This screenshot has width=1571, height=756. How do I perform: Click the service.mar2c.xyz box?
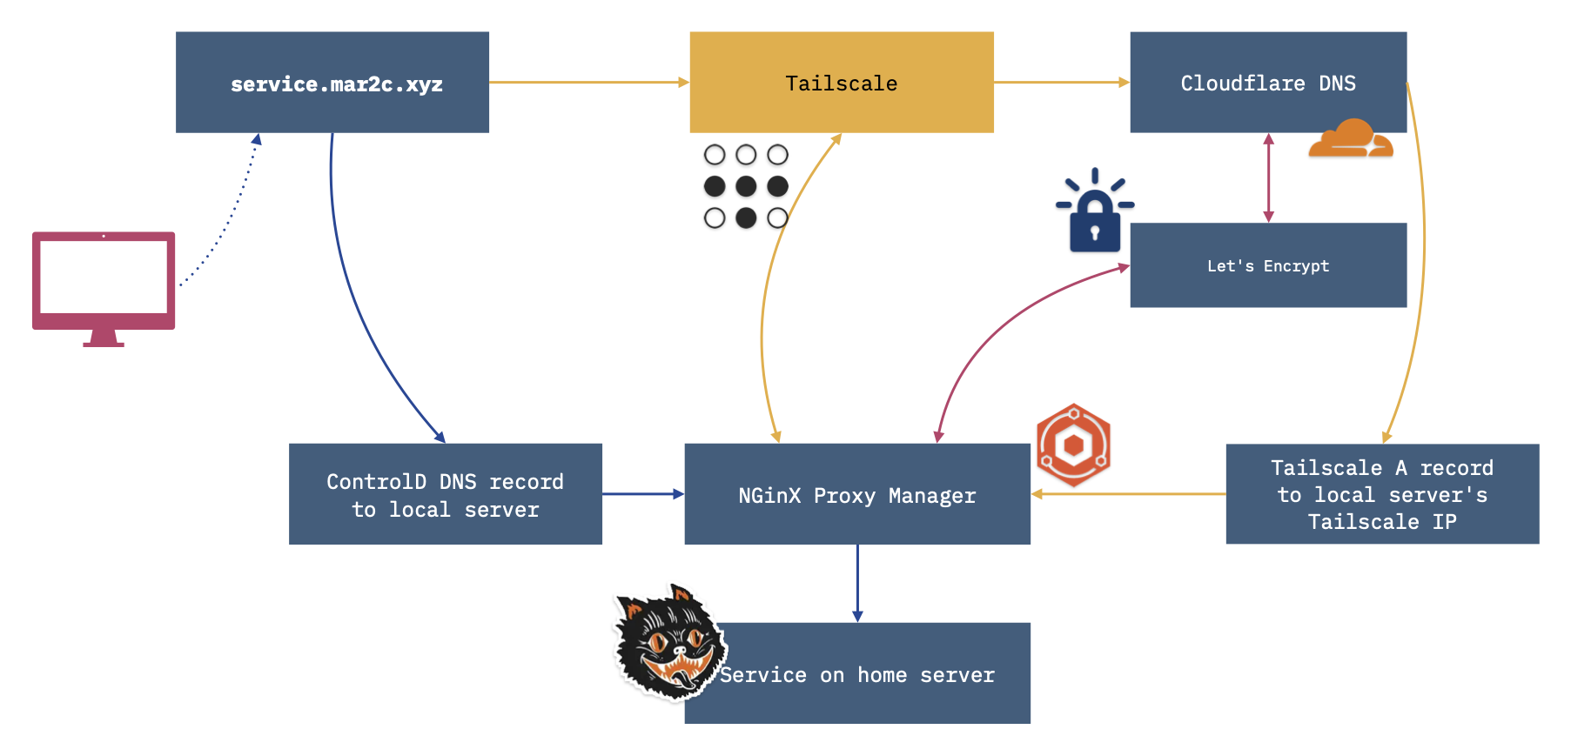point(332,83)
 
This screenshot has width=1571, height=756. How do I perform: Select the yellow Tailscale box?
point(842,83)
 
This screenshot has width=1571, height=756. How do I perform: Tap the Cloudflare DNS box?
point(1268,83)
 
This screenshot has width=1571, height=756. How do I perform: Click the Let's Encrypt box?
point(1268,265)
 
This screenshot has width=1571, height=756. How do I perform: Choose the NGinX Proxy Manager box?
point(857,494)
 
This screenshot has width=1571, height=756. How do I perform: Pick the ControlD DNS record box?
point(446,494)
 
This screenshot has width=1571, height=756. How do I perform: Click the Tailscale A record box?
point(1382,494)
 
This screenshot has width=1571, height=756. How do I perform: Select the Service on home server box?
point(857,673)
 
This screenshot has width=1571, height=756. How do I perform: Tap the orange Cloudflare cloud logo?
point(1351,138)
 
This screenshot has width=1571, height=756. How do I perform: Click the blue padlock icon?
point(1095,211)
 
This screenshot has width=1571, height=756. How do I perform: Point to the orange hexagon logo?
point(1074,445)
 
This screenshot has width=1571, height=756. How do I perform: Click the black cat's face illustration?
point(669,643)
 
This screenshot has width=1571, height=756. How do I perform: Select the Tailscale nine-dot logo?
point(746,186)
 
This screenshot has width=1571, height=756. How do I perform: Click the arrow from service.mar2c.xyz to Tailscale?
point(589,83)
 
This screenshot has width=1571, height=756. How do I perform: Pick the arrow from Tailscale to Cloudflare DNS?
point(1062,83)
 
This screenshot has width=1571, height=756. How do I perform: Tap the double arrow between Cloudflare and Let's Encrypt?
point(1268,178)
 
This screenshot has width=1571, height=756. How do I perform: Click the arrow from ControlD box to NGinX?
point(643,494)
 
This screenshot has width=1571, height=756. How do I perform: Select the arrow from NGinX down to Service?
point(857,584)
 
